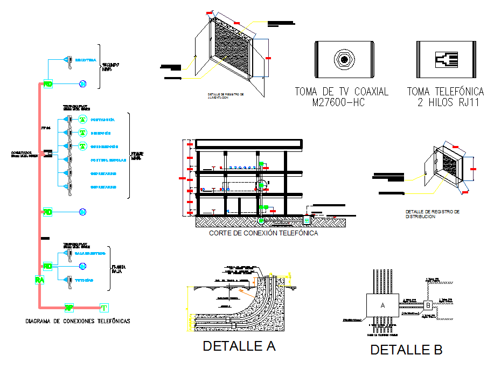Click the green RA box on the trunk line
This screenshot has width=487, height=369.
tap(39, 280)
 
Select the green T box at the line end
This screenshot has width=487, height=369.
tap(104, 308)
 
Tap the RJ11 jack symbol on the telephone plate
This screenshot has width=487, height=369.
tap(446, 59)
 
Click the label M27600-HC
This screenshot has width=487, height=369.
tap(342, 102)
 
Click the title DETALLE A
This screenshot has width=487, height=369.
tap(239, 346)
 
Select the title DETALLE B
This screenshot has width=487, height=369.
tap(406, 350)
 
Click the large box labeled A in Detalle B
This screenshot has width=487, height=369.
tap(382, 305)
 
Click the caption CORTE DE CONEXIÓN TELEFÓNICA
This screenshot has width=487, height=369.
tap(263, 234)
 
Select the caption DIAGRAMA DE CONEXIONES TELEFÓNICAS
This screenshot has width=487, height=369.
tap(78, 321)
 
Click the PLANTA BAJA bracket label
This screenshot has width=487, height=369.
tap(119, 269)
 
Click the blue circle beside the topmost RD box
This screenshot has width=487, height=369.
tap(82, 83)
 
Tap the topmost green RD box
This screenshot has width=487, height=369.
tap(48, 84)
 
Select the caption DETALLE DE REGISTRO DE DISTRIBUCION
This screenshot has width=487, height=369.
tap(432, 214)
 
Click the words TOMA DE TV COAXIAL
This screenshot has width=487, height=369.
tap(342, 92)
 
